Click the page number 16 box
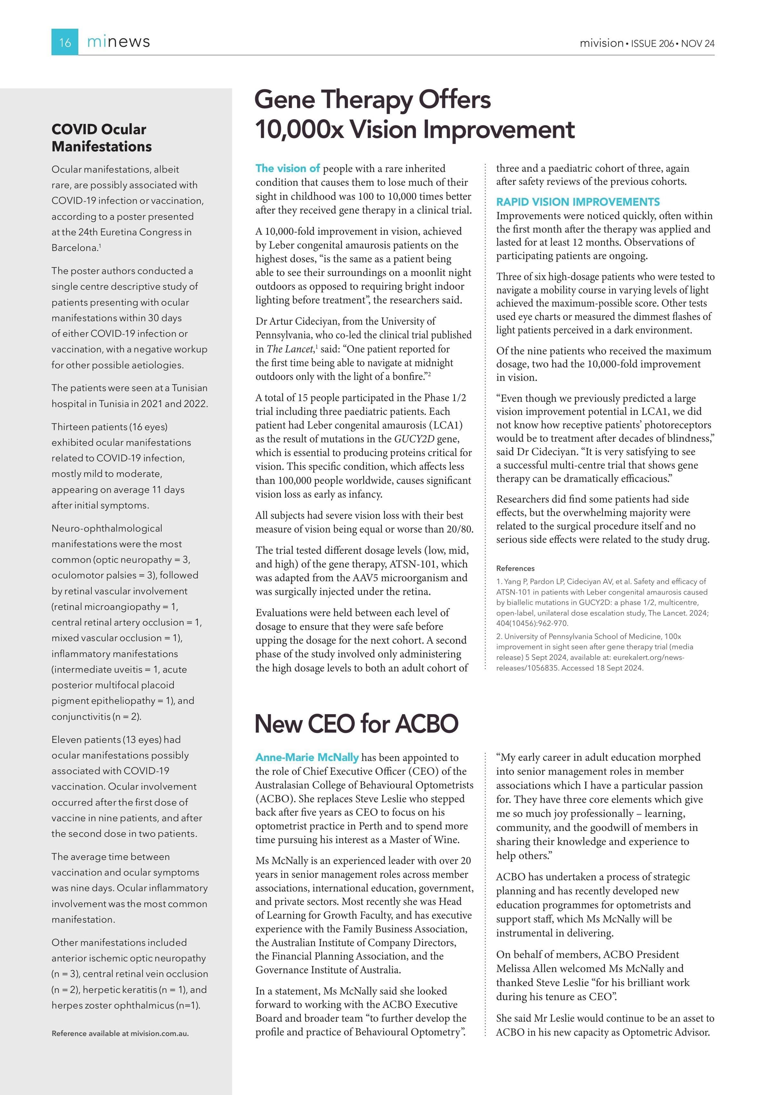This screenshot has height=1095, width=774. coord(65,42)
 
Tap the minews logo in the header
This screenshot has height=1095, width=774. coord(118,42)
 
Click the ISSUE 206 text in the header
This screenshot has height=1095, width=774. coord(652,43)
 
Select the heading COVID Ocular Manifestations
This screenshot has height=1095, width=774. coord(102,138)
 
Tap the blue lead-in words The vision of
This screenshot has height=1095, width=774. coord(287,168)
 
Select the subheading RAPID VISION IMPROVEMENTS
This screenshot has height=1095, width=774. coord(578,202)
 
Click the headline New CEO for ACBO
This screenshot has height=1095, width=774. coord(356,724)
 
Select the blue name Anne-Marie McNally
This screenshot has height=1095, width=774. coord(307,757)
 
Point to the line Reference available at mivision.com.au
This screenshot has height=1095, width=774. coord(120,1033)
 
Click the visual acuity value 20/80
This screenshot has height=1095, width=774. coord(459,529)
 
